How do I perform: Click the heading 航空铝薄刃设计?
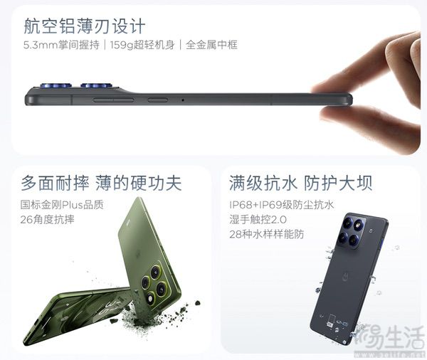point(85,26)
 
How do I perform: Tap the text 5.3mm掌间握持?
point(61,46)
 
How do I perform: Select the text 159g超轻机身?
point(142,46)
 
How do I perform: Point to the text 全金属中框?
point(211,46)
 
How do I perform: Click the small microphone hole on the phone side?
point(183,100)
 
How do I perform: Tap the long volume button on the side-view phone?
point(113,100)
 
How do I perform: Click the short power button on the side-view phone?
point(158,100)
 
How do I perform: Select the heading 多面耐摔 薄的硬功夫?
point(101,183)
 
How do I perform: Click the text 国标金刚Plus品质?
point(62,205)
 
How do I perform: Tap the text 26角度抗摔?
point(48,219)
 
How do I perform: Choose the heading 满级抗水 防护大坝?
point(300,183)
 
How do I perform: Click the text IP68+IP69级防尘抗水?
point(282,205)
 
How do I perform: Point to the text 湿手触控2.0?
point(258,219)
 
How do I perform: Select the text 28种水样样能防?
point(267,234)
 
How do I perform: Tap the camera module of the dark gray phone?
point(352,231)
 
